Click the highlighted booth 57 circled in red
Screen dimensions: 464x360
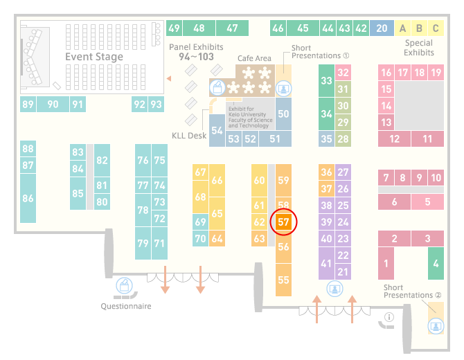[x=283, y=222]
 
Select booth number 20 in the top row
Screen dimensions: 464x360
[x=382, y=28]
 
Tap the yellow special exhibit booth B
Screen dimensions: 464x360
[x=419, y=28]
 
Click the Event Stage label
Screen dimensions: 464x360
[x=94, y=57]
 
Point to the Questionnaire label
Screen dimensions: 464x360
[x=126, y=306]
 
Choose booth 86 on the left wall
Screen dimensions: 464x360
[x=28, y=198]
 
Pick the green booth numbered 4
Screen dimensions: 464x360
[x=436, y=263]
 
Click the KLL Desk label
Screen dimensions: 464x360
[x=189, y=136]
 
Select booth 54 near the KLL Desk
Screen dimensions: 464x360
[x=217, y=130]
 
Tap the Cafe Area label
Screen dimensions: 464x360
[x=254, y=58]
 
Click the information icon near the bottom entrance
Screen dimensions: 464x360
[x=389, y=317]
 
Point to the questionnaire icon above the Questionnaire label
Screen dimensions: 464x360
[x=124, y=286]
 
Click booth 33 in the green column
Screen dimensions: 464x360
[x=326, y=80]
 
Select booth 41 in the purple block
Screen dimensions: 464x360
[x=326, y=263]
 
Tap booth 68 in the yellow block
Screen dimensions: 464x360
[x=200, y=197]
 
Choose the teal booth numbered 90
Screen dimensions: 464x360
[x=53, y=104]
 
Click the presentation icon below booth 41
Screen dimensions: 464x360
[x=334, y=289]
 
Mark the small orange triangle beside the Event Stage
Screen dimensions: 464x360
[x=169, y=78]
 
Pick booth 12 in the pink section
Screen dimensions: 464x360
[x=394, y=138]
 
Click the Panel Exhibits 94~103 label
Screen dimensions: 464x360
[x=196, y=52]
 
